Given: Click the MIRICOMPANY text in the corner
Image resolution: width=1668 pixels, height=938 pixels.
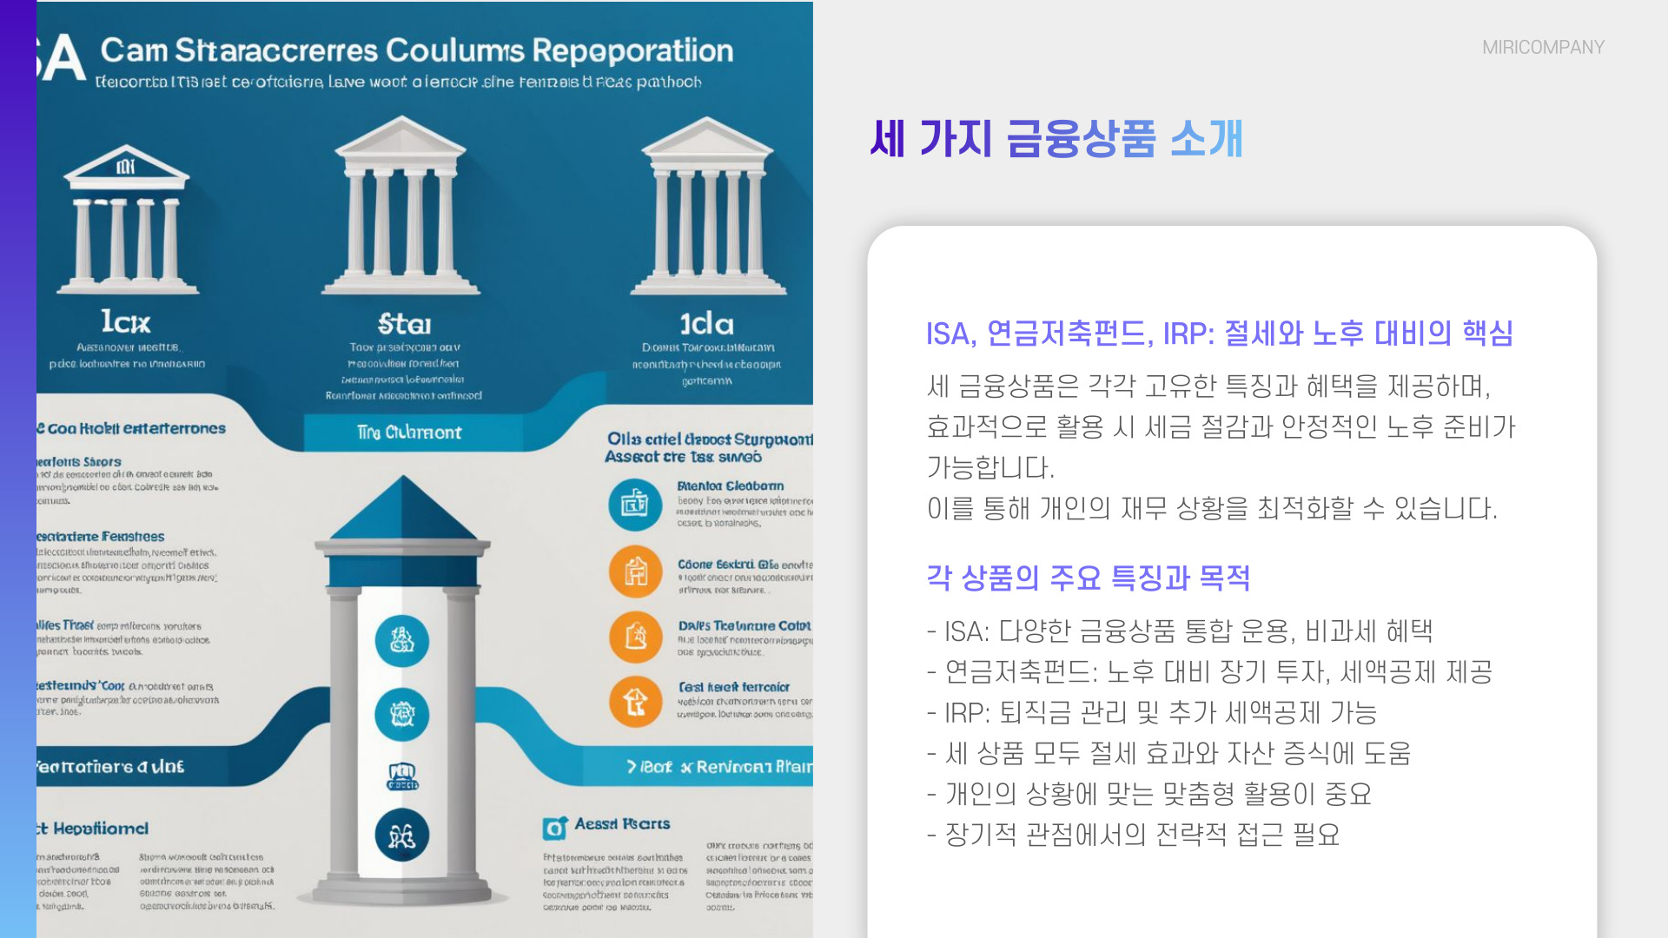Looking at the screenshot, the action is (1543, 47).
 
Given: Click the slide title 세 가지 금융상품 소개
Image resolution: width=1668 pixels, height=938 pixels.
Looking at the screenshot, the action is (1056, 139).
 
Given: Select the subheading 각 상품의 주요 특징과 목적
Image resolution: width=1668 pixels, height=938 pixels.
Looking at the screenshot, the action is (1088, 578).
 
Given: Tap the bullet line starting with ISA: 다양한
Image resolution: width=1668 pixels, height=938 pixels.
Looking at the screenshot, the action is (1180, 631).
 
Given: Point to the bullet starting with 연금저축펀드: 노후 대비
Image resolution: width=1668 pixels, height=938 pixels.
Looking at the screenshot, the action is (1209, 672).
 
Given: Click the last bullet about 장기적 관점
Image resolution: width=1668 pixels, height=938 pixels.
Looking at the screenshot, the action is (1133, 835).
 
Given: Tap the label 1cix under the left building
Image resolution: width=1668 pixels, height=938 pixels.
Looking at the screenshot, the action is (125, 323).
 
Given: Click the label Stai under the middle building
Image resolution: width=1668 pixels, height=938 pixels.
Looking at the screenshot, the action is (404, 325).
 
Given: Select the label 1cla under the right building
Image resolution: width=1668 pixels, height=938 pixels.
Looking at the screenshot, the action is (706, 325).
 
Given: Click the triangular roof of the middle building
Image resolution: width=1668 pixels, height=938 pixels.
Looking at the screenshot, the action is (401, 138).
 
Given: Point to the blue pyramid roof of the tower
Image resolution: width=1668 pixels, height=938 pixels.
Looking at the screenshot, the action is (403, 512).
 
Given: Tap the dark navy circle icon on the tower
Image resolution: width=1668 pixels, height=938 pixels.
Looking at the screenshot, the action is (401, 836).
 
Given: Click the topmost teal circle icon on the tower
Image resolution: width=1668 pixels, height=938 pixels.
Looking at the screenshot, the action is (401, 641).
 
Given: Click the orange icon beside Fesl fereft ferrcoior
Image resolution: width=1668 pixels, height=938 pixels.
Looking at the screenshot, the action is (635, 701).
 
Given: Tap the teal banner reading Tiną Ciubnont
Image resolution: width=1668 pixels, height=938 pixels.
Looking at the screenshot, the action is (409, 433).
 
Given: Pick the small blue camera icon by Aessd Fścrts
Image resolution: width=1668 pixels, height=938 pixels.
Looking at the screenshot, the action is (554, 829).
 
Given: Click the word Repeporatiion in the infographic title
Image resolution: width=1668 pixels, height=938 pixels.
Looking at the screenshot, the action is (632, 50).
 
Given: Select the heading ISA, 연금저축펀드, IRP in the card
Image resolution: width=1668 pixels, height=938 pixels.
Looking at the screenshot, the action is (1219, 334).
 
